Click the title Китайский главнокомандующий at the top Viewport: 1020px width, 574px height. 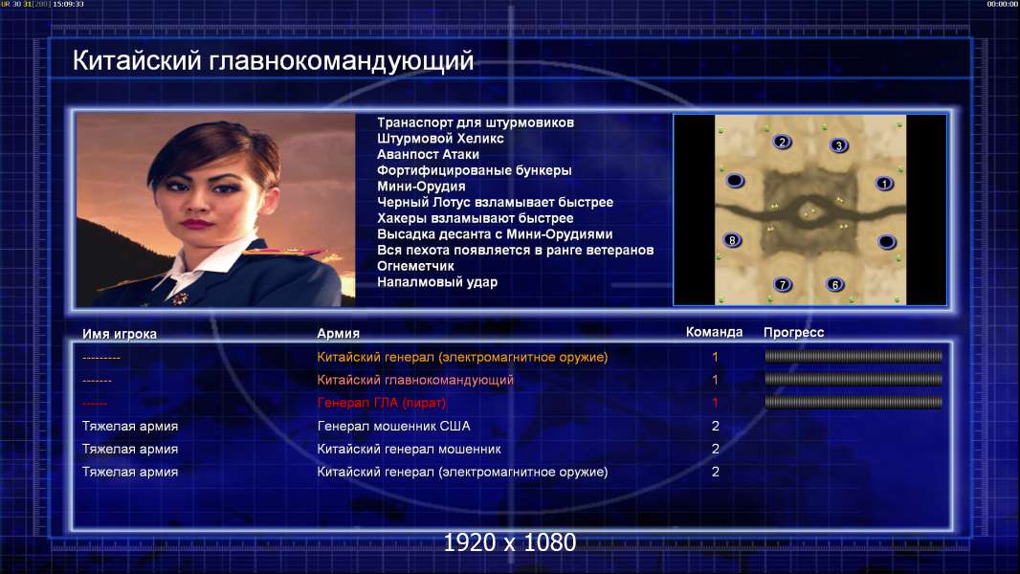pos(273,61)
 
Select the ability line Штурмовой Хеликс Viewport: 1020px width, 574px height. pos(440,139)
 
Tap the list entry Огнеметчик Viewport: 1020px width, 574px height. pos(415,266)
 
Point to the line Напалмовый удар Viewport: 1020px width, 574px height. pos(437,282)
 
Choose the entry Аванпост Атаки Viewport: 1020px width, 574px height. pos(428,155)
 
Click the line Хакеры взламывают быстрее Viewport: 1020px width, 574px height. pos(475,218)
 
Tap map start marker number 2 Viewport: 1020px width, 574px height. pos(782,143)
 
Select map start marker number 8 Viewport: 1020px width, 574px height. pos(732,240)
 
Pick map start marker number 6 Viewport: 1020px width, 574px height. pos(835,284)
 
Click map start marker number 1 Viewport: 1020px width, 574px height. pos(884,184)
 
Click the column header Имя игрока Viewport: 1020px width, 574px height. pos(119,334)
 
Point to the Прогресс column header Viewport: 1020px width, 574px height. pos(793,333)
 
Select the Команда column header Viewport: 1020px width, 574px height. pos(714,332)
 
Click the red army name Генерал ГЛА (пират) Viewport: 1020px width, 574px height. pos(381,403)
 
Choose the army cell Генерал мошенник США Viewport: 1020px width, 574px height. pos(393,427)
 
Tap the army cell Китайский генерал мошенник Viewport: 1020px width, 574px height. pos(409,450)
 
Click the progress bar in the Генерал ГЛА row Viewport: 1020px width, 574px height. pos(854,403)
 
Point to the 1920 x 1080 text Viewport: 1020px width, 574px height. pos(510,542)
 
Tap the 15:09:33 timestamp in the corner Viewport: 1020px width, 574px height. pos(68,4)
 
